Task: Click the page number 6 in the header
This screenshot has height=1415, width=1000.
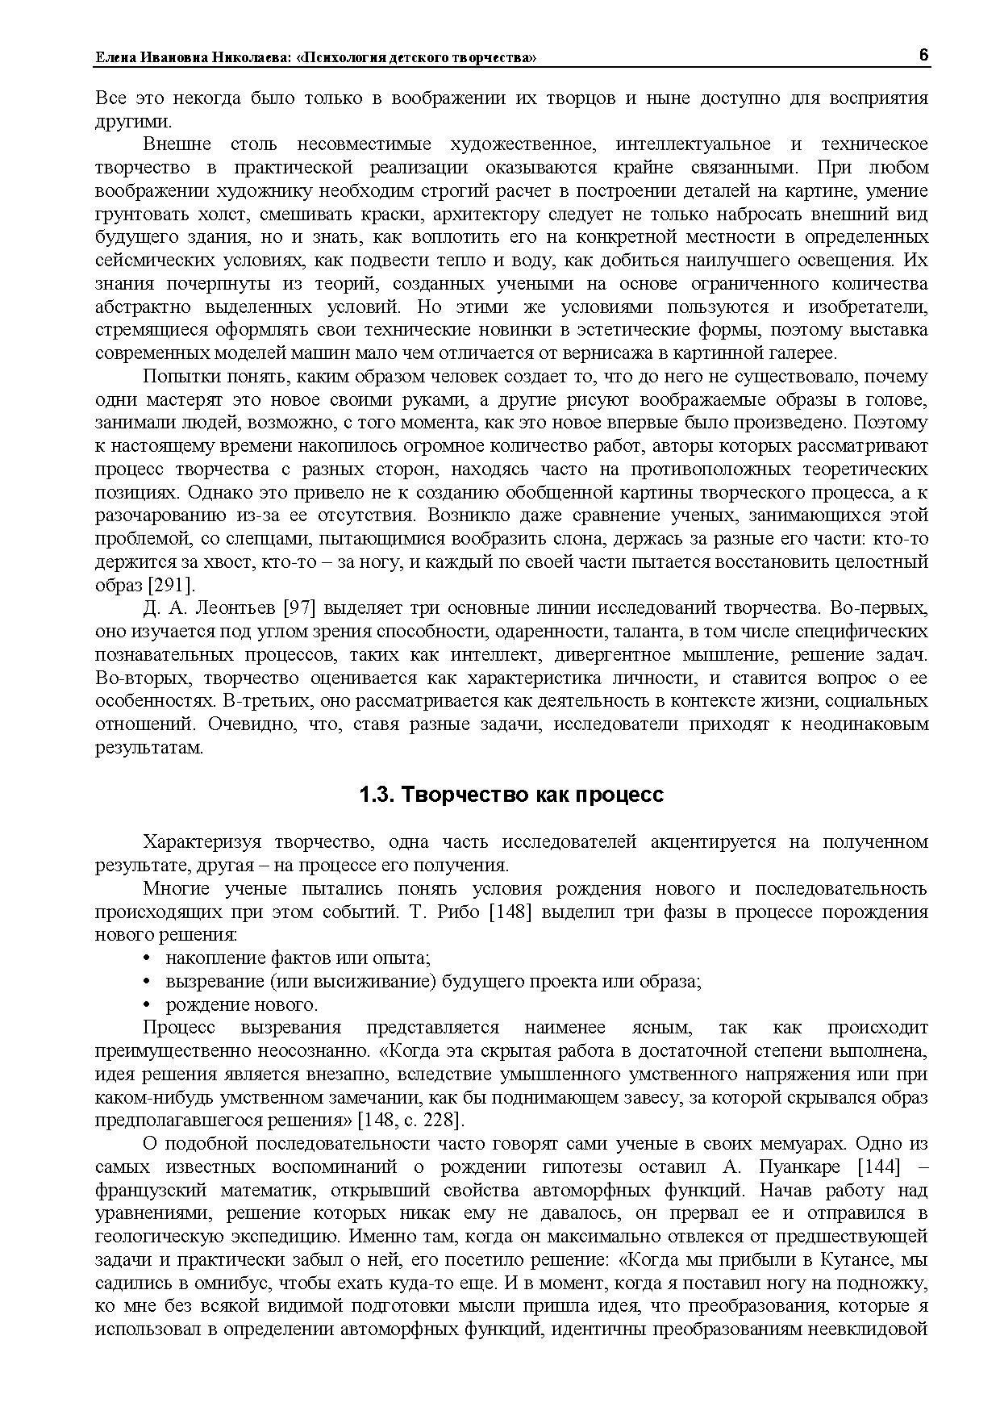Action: point(923,55)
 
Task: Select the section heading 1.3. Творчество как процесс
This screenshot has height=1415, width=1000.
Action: point(511,795)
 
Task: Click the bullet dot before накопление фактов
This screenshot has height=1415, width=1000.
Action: point(147,958)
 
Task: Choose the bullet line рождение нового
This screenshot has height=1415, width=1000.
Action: point(242,1005)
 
